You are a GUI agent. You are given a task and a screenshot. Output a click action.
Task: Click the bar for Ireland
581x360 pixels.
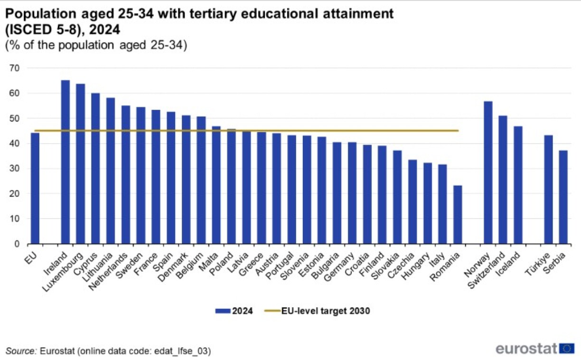pos(66,161)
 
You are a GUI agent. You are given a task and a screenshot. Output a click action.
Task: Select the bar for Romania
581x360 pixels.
pos(458,214)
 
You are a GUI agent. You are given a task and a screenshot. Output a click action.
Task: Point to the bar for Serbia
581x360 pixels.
pos(563,197)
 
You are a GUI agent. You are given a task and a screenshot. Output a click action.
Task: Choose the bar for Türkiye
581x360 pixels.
pos(548,189)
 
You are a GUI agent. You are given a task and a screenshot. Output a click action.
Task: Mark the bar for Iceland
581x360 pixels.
pos(518,185)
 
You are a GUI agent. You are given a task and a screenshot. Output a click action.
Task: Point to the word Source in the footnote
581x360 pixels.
pos(20,351)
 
